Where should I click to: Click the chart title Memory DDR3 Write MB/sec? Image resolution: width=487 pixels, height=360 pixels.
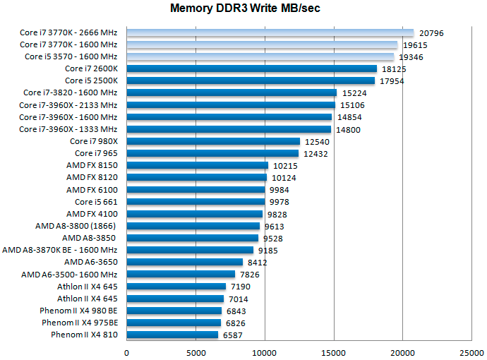[243, 9]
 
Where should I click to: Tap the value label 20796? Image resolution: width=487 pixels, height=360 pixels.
[431, 32]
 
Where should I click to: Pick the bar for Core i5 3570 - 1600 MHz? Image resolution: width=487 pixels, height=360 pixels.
[262, 56]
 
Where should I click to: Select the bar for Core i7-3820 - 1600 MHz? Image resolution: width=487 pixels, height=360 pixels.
[232, 92]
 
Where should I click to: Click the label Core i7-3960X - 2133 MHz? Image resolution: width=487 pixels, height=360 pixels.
[68, 104]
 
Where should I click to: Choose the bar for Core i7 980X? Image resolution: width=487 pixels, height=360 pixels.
[213, 141]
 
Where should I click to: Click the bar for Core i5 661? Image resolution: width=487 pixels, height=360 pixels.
[196, 201]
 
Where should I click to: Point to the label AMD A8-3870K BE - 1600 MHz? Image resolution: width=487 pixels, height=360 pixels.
[60, 250]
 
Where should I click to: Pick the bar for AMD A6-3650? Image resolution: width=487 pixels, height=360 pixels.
[185, 262]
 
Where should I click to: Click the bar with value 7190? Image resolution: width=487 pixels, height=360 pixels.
[176, 286]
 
